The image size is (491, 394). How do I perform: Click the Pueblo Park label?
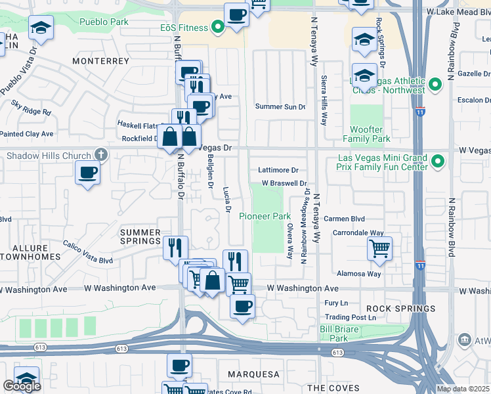104,22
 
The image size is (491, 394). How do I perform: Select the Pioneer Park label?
265,216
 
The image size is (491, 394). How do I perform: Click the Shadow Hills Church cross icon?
100,156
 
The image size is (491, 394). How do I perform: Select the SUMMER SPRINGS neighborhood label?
140,236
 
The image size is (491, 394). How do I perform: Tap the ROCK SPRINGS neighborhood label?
400,309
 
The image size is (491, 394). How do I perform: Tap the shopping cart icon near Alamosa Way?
379,249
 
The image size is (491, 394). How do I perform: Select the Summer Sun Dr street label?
280,106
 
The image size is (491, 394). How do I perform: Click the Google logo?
22,386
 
